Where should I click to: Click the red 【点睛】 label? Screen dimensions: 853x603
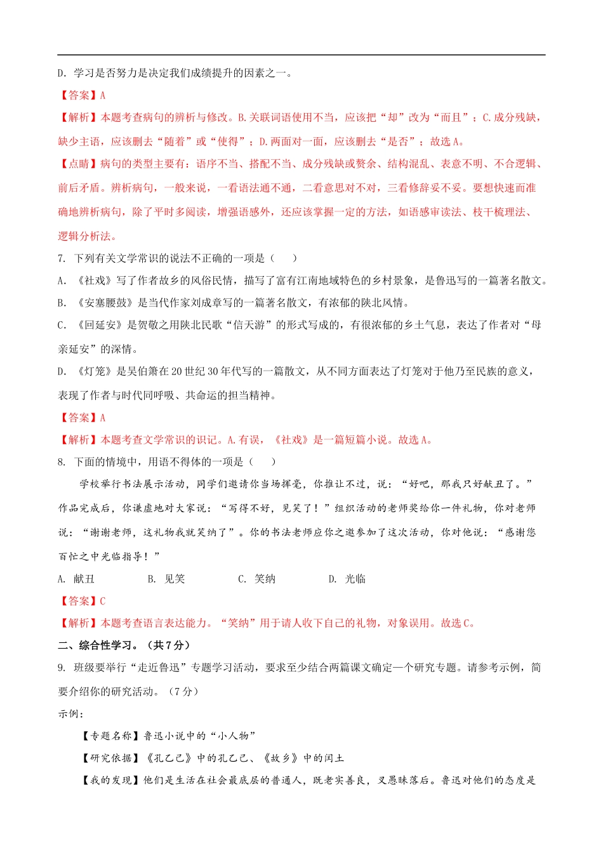tap(78, 164)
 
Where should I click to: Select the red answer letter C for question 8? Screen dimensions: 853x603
tap(103, 601)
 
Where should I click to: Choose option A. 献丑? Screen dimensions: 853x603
tap(77, 579)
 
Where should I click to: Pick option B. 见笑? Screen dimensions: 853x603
tap(167, 579)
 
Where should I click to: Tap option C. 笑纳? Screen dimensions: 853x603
tap(257, 579)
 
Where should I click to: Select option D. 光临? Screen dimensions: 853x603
tap(347, 579)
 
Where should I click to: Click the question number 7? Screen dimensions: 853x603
tap(61, 258)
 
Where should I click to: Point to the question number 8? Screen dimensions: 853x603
tap(61, 462)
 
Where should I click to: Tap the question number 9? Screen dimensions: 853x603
tap(61, 668)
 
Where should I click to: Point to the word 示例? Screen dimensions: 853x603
tap(69, 714)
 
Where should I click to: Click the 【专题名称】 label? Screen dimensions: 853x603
tap(112, 736)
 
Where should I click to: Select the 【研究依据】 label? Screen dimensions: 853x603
tap(112, 758)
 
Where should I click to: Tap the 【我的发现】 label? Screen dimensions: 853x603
tap(112, 781)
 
